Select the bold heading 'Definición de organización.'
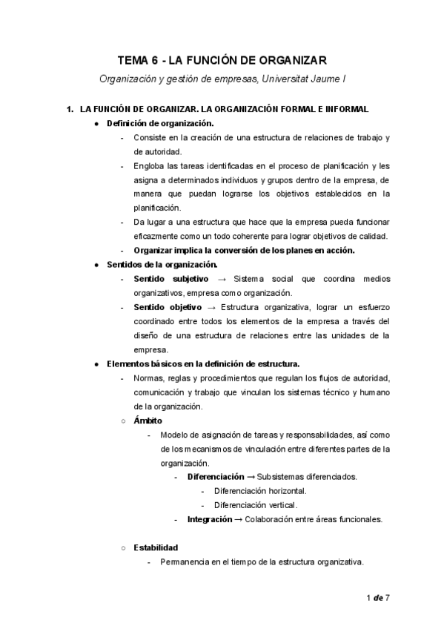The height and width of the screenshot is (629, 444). [x=160, y=123]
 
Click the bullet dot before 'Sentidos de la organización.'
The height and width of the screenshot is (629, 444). [x=97, y=264]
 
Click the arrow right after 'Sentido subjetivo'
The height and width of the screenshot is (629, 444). [x=221, y=278]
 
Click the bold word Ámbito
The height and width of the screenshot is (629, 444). [x=148, y=421]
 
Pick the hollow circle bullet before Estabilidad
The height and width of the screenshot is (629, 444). [x=124, y=548]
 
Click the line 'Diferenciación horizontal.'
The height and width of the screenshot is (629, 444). [x=260, y=491]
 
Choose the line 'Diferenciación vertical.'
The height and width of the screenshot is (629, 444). [x=256, y=505]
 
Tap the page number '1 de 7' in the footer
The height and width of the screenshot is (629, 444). [x=378, y=597]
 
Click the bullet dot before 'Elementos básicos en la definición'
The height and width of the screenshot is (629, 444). [x=97, y=363]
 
